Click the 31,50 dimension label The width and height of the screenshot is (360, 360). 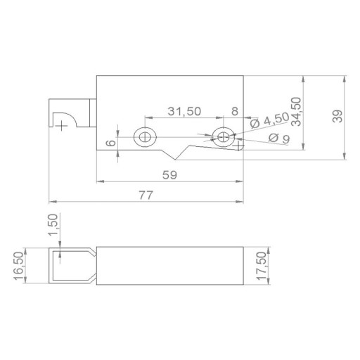coord(184,112)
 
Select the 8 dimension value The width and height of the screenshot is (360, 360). coord(235,111)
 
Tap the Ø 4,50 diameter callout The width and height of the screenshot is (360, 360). coord(269,120)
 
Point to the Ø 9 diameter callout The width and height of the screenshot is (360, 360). coord(279,139)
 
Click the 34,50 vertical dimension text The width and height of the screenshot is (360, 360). coord(296,112)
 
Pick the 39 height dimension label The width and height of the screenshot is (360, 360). coord(337,116)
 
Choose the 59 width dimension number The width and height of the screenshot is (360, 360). coord(169,175)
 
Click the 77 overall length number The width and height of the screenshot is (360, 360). coord(146,195)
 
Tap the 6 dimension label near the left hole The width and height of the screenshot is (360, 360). coord(111,143)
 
